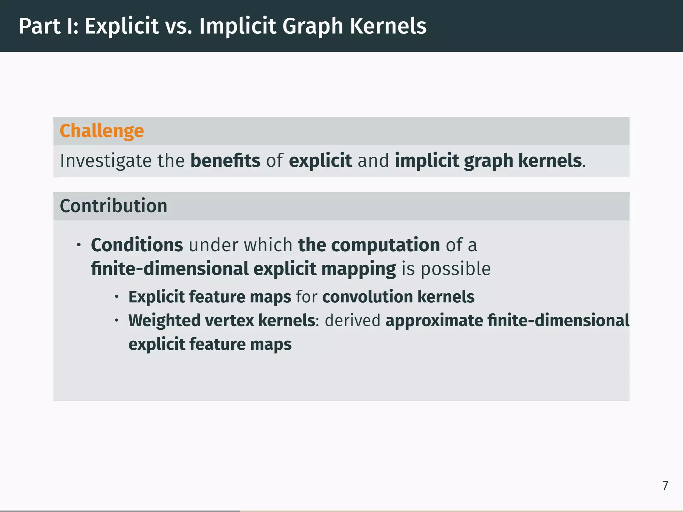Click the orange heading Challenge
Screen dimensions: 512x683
pos(102,131)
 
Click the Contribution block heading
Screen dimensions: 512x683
pos(113,206)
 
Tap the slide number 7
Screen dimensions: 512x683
pos(665,485)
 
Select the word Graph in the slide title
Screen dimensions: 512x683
pos(312,27)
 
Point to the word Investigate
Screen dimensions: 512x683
pos(106,161)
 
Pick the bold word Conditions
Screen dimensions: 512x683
pos(137,245)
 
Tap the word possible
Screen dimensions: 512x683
pos(456,269)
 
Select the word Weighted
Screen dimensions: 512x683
pos(164,321)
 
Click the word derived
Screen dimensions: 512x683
pos(353,321)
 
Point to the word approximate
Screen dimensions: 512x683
pos(434,321)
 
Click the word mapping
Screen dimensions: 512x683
pos(359,269)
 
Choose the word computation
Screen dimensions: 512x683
pos(386,245)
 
